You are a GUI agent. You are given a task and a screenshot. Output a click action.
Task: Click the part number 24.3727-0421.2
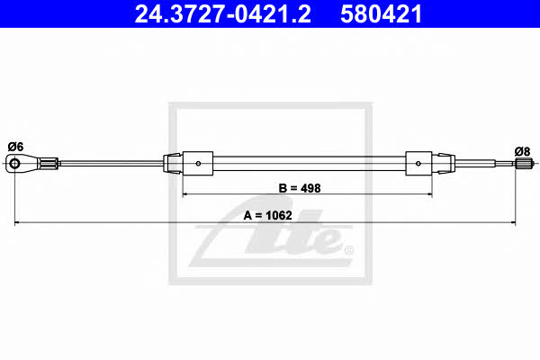coord(222,13)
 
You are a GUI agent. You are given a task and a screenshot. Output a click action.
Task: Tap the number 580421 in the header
coord(382,13)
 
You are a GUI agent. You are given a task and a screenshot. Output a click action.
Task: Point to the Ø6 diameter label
coord(15,147)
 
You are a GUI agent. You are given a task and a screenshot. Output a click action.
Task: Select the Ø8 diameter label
coord(522,151)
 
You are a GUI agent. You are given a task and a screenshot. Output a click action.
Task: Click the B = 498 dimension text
coord(300,188)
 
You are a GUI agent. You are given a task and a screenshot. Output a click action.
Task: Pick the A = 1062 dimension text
coord(267,215)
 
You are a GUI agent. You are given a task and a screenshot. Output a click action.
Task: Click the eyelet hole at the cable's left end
coord(14,163)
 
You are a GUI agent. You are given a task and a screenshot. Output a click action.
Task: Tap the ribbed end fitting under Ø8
coord(525,163)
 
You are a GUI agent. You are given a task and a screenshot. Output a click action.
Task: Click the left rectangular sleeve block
coord(198,163)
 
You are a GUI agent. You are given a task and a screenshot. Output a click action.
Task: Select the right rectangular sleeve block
coord(418,163)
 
